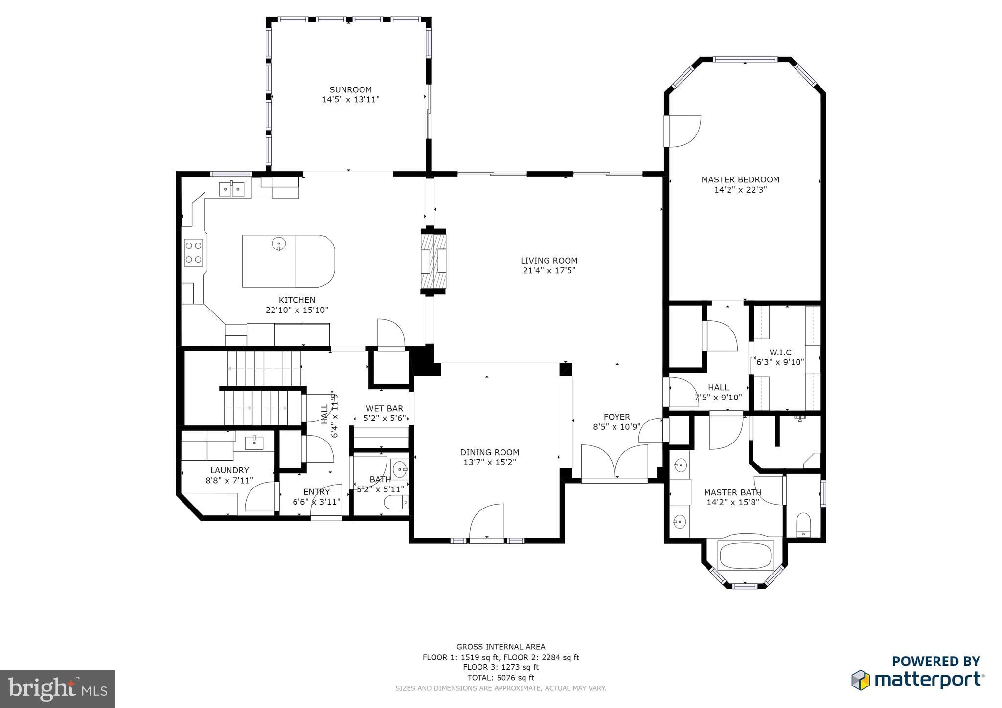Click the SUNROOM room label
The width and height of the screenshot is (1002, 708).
(350, 90)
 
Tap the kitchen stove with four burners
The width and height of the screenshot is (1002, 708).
(194, 252)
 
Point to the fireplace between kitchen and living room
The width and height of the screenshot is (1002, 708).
(433, 262)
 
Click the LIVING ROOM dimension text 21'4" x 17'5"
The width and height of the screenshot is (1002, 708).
(549, 270)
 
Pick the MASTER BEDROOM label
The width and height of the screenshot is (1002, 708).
(740, 180)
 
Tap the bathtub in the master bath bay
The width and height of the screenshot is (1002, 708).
(745, 555)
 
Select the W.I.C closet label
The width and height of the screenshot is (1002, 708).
(780, 353)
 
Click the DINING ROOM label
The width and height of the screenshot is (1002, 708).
(489, 453)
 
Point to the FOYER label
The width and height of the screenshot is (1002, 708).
(616, 417)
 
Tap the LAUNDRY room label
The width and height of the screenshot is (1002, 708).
(229, 471)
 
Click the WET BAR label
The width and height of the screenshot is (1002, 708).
(385, 409)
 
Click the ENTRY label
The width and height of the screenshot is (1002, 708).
(317, 492)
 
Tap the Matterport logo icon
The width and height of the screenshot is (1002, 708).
(861, 680)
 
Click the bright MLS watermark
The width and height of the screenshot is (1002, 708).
(58, 688)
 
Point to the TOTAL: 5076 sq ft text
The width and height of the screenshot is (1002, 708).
(501, 678)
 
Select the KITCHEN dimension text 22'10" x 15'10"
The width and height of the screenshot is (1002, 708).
(296, 310)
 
